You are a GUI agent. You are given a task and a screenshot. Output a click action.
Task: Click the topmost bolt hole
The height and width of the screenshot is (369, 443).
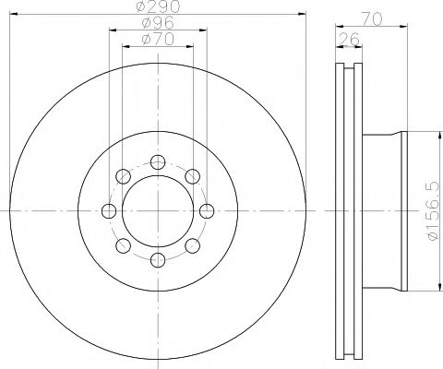(158, 163)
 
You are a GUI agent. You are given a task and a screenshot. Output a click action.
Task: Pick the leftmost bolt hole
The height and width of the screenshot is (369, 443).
(110, 211)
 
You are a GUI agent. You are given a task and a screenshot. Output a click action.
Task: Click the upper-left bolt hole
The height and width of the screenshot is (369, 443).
(124, 177)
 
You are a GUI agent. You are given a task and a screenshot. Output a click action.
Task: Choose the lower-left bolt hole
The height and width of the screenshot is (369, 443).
(124, 245)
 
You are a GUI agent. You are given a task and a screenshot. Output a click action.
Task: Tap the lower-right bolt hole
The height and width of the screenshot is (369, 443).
(192, 245)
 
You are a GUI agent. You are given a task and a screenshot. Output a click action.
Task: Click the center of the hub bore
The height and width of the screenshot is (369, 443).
(158, 211)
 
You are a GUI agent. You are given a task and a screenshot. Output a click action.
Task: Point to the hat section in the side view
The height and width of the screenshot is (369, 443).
(383, 211)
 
